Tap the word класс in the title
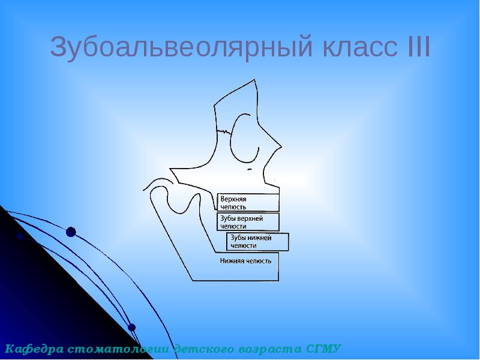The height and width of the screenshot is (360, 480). [362, 47]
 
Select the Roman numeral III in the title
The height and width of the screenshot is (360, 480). [418, 47]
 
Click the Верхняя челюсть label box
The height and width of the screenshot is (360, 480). [247, 202]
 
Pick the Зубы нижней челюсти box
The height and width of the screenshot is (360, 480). [257, 242]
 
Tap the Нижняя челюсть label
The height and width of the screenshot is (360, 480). [245, 261]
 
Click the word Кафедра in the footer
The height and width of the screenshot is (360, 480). [34, 349]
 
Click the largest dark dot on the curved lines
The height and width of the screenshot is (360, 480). [71, 232]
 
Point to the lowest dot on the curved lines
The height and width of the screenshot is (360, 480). [132, 328]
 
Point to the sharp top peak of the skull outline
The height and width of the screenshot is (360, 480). [256, 79]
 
